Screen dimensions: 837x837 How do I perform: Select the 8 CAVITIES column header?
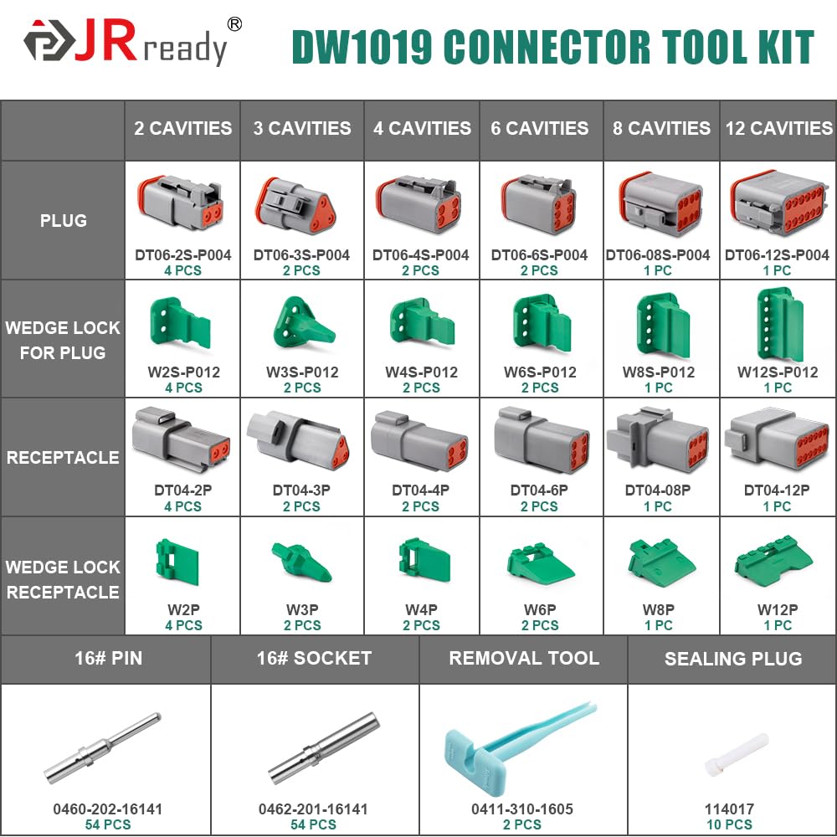(x=661, y=128)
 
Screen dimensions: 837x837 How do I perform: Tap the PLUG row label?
(x=63, y=221)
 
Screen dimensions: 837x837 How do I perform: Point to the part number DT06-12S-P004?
(x=777, y=254)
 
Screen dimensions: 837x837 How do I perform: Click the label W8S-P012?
(x=658, y=372)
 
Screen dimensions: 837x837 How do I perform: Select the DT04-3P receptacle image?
(x=300, y=439)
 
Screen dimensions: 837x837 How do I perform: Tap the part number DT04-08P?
(x=658, y=490)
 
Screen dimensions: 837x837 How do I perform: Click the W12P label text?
(x=777, y=609)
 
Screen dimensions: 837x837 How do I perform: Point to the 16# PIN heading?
(x=105, y=658)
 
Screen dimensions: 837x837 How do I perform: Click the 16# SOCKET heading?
(x=314, y=658)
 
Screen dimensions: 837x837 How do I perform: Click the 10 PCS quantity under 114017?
(x=729, y=824)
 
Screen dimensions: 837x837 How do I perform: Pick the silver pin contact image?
(x=103, y=747)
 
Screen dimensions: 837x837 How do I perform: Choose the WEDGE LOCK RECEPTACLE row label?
(x=63, y=579)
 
